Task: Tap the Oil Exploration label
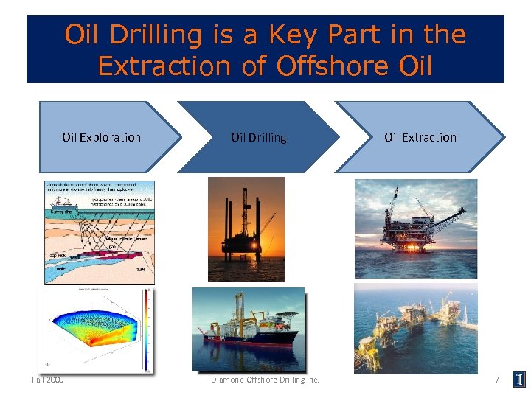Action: pyautogui.click(x=101, y=137)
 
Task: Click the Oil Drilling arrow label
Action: pyautogui.click(x=259, y=137)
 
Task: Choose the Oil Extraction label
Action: pyautogui.click(x=420, y=137)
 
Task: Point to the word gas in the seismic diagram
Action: pyautogui.click(x=112, y=247)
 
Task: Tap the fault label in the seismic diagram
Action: pyautogui.click(x=140, y=270)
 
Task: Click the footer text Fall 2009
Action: pyautogui.click(x=47, y=380)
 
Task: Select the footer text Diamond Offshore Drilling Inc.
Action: pyautogui.click(x=265, y=380)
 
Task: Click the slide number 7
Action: pyautogui.click(x=497, y=380)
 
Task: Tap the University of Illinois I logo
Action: pyautogui.click(x=520, y=380)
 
